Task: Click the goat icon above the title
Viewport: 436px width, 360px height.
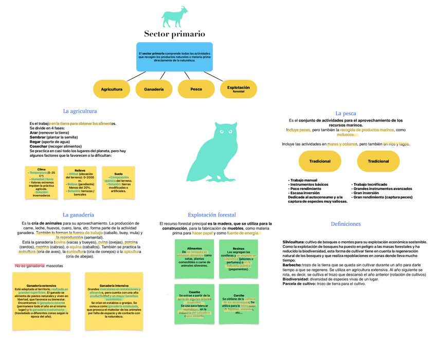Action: point(174,17)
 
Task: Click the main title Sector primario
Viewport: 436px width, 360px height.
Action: point(174,34)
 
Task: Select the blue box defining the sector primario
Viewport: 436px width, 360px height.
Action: point(174,56)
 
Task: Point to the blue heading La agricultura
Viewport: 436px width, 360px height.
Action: point(80,111)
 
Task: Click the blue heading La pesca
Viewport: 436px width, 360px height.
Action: point(346,114)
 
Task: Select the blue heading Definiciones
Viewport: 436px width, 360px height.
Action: point(346,224)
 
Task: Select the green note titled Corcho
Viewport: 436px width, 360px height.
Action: point(239,303)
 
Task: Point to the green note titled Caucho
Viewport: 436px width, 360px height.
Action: point(194,303)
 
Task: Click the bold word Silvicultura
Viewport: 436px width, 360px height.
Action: point(293,242)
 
